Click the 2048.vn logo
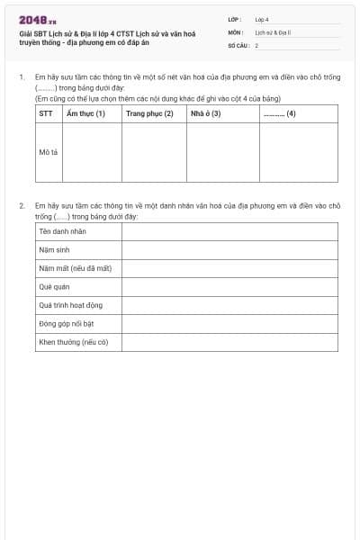point(38,20)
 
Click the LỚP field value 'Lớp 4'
point(262,19)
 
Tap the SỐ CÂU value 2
point(256,44)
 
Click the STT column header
point(46,113)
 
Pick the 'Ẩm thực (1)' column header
point(86,113)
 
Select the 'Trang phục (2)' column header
point(149,113)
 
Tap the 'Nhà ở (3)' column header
point(205,113)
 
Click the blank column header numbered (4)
point(279,113)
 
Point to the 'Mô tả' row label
point(49,152)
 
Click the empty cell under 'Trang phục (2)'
point(154,152)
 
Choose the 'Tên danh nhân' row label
point(62,231)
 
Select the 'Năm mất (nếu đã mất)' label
point(75,268)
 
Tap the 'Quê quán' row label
point(54,287)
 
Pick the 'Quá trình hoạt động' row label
point(71,305)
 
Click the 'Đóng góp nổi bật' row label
point(67,323)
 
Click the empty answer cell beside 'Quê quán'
point(229,287)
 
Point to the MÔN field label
point(236,31)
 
